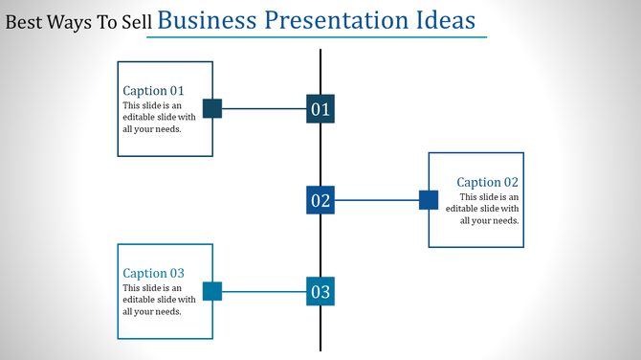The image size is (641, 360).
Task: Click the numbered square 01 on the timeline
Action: click(320, 109)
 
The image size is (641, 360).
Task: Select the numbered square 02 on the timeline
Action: click(320, 200)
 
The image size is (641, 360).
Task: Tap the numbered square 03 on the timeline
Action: click(320, 291)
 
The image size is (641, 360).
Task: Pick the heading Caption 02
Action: click(487, 182)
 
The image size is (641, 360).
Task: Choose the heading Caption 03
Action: click(153, 273)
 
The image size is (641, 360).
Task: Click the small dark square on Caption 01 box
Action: click(212, 109)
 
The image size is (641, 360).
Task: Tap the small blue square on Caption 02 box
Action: click(429, 200)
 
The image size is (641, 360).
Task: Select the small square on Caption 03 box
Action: click(212, 291)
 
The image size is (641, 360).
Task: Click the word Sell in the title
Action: click(136, 22)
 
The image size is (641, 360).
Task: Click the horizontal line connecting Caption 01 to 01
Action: click(263, 109)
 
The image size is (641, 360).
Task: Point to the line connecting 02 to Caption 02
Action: click(377, 200)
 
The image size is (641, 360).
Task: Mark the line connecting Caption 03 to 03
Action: click(263, 291)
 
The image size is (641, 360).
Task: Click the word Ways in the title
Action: click(68, 22)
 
